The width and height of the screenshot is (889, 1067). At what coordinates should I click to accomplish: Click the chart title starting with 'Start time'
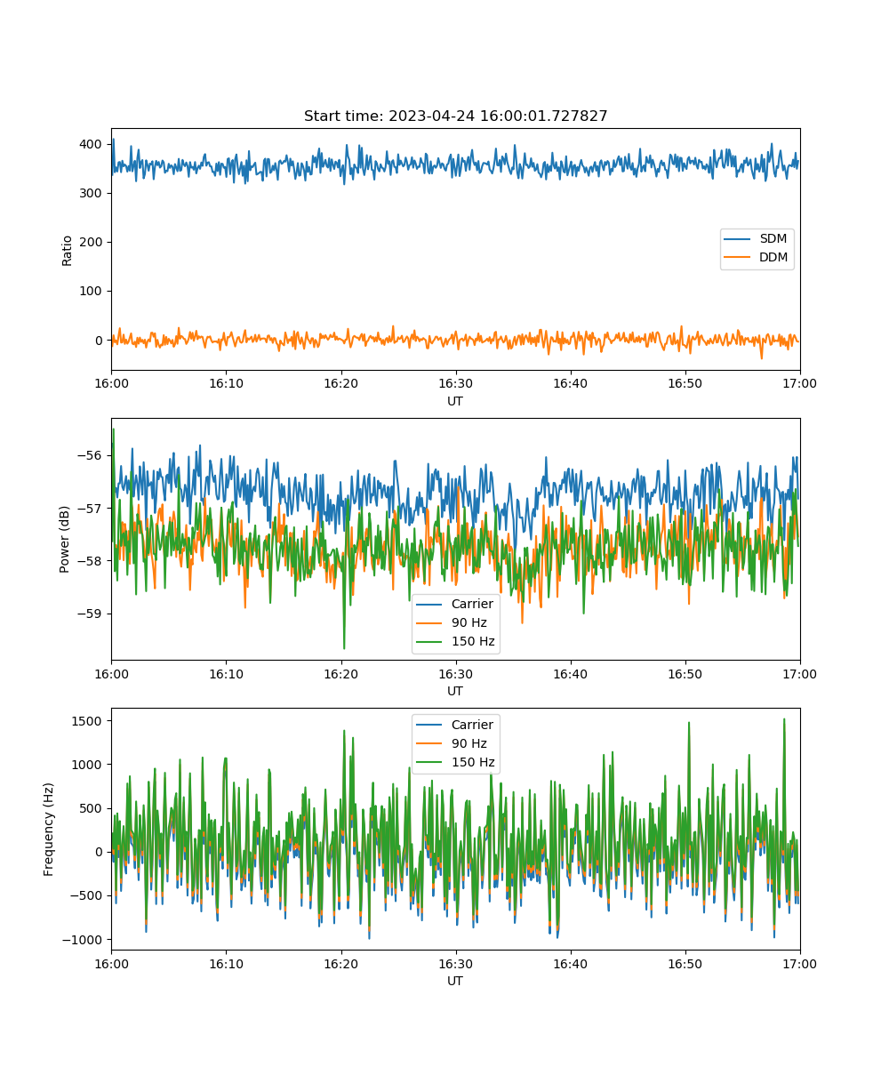(x=455, y=116)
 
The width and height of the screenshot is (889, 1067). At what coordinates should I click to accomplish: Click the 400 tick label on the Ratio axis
(x=91, y=144)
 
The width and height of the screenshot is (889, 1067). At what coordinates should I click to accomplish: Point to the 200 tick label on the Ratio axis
(x=91, y=242)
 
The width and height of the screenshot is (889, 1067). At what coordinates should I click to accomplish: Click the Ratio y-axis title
(x=67, y=251)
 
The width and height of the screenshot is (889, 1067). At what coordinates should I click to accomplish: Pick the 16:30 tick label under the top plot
(x=456, y=383)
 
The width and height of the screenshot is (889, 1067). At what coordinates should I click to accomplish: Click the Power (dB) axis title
(x=64, y=539)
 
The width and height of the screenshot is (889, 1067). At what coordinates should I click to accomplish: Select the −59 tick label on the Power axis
(x=90, y=614)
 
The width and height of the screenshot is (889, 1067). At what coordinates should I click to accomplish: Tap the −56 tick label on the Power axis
(x=90, y=455)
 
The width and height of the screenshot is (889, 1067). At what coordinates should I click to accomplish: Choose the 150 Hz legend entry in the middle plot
(x=455, y=641)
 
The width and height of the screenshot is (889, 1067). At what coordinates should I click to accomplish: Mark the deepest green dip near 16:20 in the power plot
(x=344, y=648)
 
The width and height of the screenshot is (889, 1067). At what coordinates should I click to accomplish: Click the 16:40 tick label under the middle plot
(x=570, y=674)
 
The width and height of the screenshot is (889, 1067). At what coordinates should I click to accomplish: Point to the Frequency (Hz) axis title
(x=48, y=830)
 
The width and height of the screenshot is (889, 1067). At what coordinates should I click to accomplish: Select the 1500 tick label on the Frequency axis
(x=87, y=721)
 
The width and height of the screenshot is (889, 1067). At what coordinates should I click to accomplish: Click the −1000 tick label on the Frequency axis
(x=83, y=940)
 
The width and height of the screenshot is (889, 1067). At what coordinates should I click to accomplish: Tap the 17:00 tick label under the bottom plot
(x=799, y=964)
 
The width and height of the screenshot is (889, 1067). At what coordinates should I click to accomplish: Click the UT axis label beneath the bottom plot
(x=455, y=981)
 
